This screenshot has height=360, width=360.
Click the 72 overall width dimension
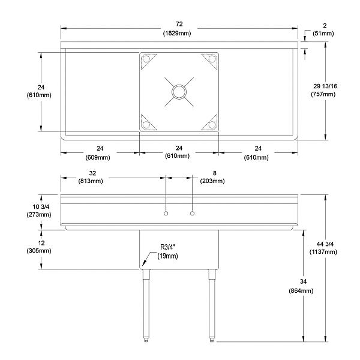point(178,25)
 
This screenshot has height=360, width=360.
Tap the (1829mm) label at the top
point(178,32)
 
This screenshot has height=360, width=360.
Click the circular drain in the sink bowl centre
point(179,91)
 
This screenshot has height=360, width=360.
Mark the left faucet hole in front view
point(166,214)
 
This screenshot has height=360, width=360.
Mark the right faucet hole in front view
point(193,214)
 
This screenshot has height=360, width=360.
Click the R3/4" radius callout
point(169,247)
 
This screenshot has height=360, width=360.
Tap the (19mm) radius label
point(169,256)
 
